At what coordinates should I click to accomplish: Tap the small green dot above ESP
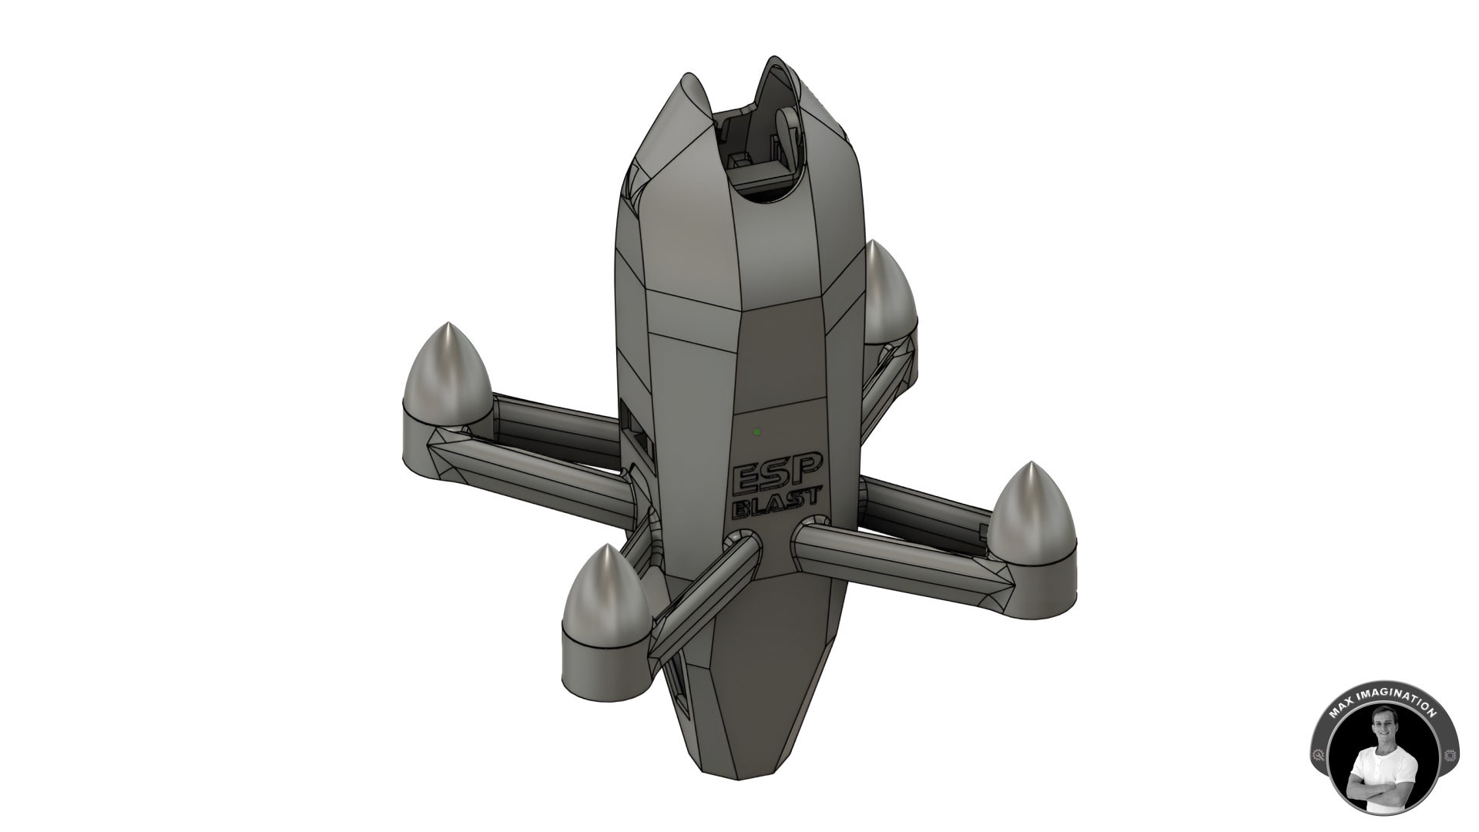point(757,432)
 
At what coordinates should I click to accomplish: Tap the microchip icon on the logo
point(1448,757)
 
